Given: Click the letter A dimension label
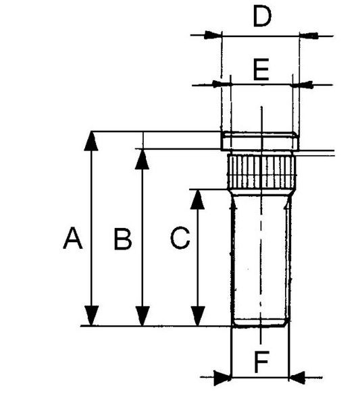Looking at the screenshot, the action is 73,238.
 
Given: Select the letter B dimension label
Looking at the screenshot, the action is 123,239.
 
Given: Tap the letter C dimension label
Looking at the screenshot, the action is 180,238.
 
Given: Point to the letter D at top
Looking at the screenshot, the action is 262,17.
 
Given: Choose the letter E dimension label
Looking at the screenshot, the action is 261,69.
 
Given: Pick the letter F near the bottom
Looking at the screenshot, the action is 261,362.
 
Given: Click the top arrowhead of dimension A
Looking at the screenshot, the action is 91,141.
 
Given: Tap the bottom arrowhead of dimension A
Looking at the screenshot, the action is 91,316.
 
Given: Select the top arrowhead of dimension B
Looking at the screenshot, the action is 143,159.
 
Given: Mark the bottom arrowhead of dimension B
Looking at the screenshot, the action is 143,316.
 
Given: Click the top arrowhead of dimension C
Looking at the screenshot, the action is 197,200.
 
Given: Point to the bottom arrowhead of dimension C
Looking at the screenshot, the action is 198,316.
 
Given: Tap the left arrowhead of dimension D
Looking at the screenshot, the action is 213,35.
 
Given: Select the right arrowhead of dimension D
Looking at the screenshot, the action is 309,35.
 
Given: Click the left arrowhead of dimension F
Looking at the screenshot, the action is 223,378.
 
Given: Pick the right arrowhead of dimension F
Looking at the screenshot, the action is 297,378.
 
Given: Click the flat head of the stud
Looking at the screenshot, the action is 260,140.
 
